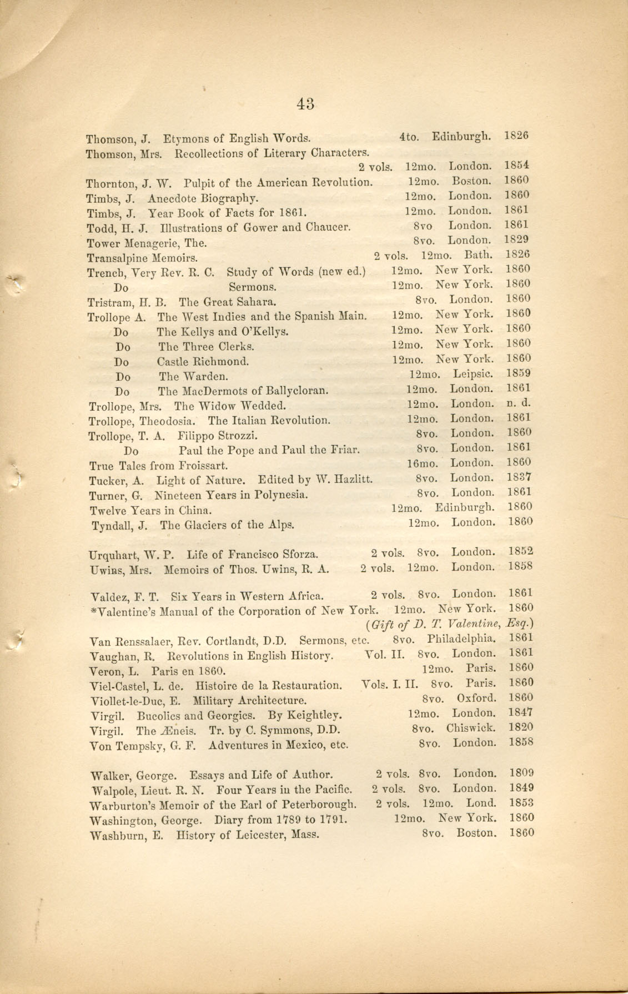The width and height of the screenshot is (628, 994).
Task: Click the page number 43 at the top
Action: [306, 103]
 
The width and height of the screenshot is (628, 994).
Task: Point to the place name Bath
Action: [478, 255]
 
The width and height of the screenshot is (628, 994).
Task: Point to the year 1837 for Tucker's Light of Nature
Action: [520, 477]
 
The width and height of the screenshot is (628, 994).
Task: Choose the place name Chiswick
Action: [471, 728]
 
